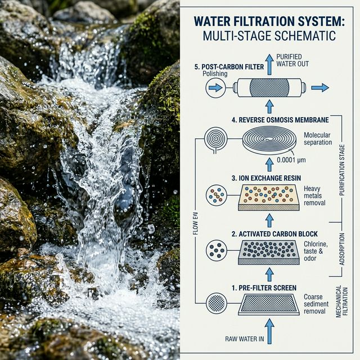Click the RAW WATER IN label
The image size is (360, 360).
tap(245, 339)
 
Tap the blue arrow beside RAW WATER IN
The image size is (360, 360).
tap(269, 331)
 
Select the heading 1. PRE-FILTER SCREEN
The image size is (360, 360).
tap(264, 288)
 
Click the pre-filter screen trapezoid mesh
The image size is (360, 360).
tap(269, 304)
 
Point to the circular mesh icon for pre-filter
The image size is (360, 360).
tap(217, 303)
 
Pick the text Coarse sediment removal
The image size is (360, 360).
tap(316, 304)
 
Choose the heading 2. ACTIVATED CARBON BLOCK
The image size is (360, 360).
tap(274, 234)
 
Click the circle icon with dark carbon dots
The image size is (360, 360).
tap(217, 250)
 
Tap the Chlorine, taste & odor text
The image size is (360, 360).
tap(316, 251)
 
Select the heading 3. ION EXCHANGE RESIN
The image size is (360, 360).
tap(266, 178)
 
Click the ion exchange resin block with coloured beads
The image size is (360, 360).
tap(269, 197)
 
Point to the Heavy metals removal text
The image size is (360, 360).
tap(314, 196)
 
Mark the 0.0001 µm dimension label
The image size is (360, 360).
tap(291, 160)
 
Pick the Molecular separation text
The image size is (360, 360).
tap(318, 138)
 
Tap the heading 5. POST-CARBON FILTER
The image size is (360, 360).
tap(229, 67)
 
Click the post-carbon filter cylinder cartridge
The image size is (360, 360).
tap(269, 88)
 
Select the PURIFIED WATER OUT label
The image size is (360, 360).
tap(292, 60)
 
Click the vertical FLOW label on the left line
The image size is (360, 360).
tap(195, 224)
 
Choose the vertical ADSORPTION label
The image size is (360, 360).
tap(342, 249)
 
